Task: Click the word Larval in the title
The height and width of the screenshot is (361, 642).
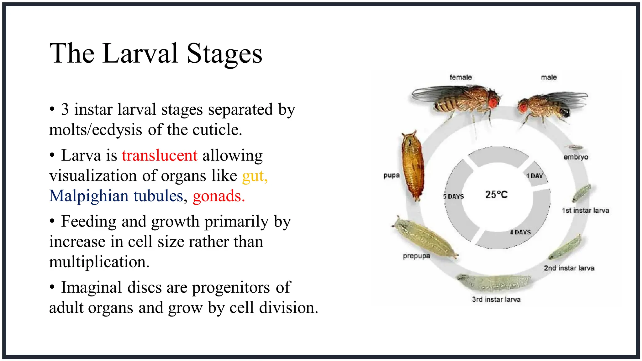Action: coord(140,53)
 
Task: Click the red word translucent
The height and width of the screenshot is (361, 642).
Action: coord(160,155)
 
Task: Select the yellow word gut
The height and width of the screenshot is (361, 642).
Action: coord(254,176)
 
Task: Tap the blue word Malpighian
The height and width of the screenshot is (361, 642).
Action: coord(89,196)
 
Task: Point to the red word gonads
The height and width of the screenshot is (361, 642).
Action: coord(218,196)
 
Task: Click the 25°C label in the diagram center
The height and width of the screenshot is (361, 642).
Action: coord(496,195)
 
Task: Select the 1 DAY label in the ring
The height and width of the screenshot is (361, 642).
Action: coord(534,176)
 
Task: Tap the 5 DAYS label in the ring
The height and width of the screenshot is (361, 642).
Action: coord(453,196)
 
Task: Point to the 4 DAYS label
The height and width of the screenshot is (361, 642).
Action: coord(520,232)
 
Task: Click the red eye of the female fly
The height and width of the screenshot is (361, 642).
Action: coord(493,102)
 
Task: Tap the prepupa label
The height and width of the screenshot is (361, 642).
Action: coord(416,256)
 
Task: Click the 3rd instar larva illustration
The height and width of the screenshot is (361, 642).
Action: coord(494,282)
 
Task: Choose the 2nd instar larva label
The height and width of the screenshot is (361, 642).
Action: coord(569,268)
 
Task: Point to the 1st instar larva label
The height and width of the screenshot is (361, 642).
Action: coord(585,211)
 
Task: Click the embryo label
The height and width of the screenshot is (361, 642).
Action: coord(576,157)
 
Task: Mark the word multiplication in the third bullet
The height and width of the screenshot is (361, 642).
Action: coord(99,262)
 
